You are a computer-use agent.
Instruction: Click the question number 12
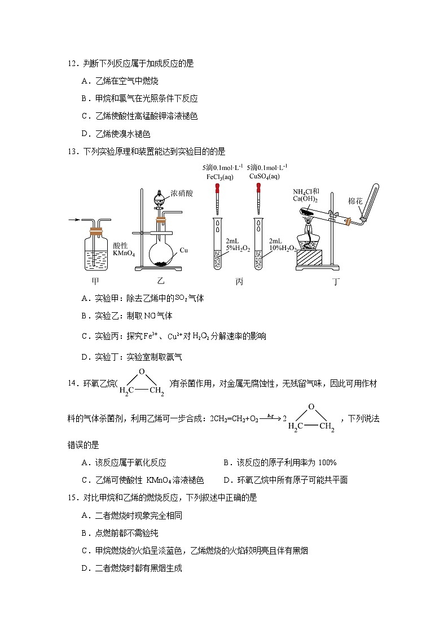tap(72, 64)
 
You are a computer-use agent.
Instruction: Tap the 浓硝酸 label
tap(182, 193)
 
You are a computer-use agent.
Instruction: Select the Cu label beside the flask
tap(184, 250)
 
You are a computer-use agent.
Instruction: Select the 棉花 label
tap(355, 201)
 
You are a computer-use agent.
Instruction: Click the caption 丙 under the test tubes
tap(239, 282)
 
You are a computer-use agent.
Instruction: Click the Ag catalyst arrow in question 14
tap(270, 417)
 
